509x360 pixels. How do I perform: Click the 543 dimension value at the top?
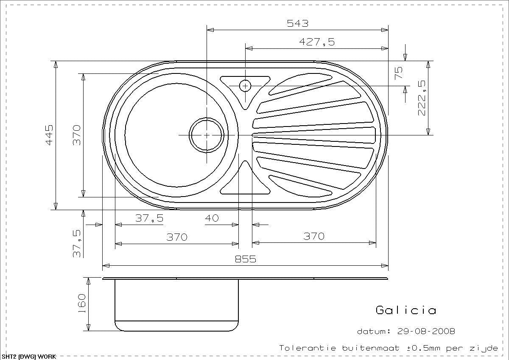(297, 23)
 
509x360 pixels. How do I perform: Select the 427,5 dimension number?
(316, 42)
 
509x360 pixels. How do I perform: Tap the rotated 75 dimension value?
(398, 73)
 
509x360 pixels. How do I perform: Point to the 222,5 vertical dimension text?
(422, 98)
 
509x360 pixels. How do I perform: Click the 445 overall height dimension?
(49, 135)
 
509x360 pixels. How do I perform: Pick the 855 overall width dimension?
(246, 259)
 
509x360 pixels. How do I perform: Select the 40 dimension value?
(212, 218)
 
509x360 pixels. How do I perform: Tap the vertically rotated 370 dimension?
(76, 135)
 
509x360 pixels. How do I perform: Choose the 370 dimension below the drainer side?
(314, 236)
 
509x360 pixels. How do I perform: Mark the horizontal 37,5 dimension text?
(149, 218)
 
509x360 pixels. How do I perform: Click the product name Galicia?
(406, 310)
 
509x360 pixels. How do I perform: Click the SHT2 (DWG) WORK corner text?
(28, 357)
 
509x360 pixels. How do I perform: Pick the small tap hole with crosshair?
(245, 86)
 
